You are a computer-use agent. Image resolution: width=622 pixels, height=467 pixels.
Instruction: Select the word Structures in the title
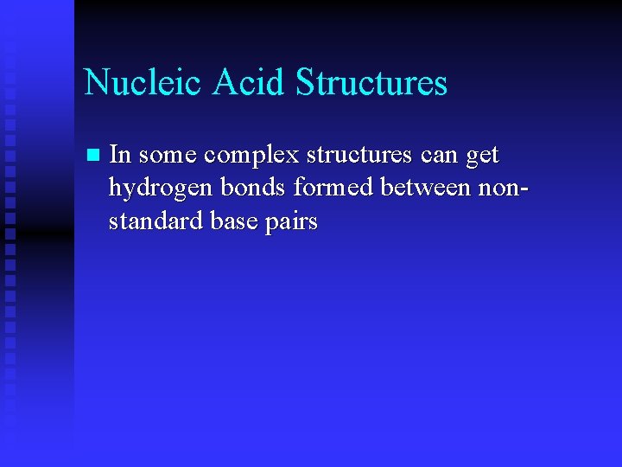[371, 83]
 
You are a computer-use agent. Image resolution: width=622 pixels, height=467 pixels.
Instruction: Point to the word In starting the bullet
[120, 155]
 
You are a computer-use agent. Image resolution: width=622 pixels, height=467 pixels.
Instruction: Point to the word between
[427, 189]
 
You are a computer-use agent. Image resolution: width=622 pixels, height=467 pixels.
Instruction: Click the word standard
[155, 221]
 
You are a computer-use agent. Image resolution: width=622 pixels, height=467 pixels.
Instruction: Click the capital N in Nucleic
[96, 83]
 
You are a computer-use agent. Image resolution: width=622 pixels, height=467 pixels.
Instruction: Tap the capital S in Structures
[304, 83]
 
